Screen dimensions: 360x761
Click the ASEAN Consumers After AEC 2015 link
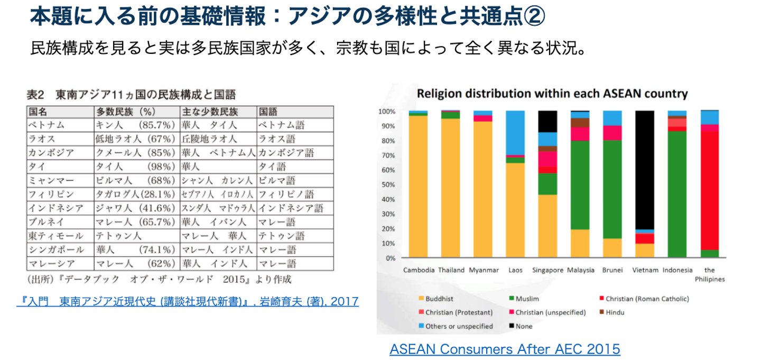[505, 349]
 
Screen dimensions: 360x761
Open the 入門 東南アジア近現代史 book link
[188, 301]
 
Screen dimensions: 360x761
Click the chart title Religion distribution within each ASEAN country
[552, 94]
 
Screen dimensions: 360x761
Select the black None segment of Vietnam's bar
[645, 169]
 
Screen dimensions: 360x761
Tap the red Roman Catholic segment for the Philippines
[710, 190]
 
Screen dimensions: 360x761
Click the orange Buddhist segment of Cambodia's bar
[418, 185]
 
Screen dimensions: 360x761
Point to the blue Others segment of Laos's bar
[515, 132]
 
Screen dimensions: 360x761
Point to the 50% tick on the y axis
[388, 185]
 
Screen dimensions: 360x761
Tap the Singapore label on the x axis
[547, 270]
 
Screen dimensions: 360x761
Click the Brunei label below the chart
[612, 270]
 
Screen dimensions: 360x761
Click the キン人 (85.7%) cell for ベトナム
[135, 125]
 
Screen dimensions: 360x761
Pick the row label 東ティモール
[55, 236]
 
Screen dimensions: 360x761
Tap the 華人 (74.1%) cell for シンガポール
[135, 250]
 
